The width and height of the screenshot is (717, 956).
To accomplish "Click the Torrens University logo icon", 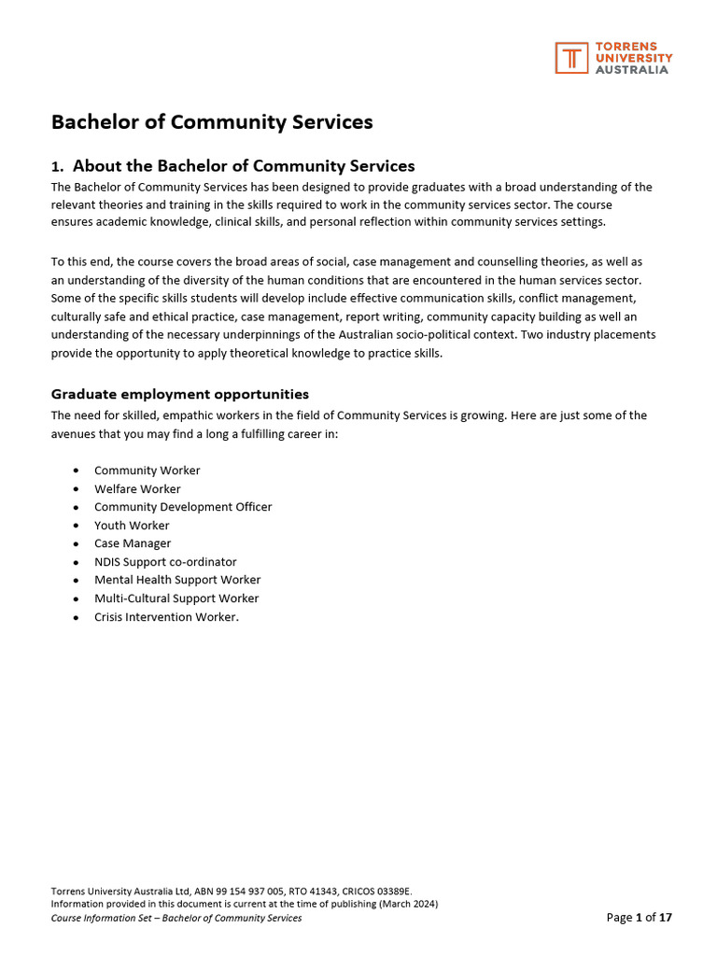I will (x=571, y=57).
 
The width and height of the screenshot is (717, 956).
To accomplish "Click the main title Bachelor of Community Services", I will (x=212, y=122).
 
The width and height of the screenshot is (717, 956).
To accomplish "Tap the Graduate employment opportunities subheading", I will (x=179, y=394).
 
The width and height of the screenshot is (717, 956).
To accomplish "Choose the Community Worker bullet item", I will (x=147, y=471).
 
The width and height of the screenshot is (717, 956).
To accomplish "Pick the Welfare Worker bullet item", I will (x=137, y=489).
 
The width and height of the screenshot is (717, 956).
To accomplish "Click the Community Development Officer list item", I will (x=183, y=507).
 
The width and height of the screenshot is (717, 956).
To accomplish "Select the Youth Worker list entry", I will (x=132, y=526).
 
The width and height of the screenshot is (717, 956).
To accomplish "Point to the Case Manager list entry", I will (x=133, y=543).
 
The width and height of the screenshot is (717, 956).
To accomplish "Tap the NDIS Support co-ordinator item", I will (x=165, y=562).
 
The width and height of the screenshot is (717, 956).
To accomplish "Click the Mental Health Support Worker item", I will (x=177, y=580).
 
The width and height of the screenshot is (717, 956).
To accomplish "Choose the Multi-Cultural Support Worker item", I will (x=176, y=598).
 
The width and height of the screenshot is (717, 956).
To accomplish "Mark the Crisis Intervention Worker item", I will (x=166, y=617).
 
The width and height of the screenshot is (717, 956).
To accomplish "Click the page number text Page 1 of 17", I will (x=639, y=918).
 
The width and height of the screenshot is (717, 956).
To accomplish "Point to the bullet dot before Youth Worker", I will (x=75, y=526).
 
